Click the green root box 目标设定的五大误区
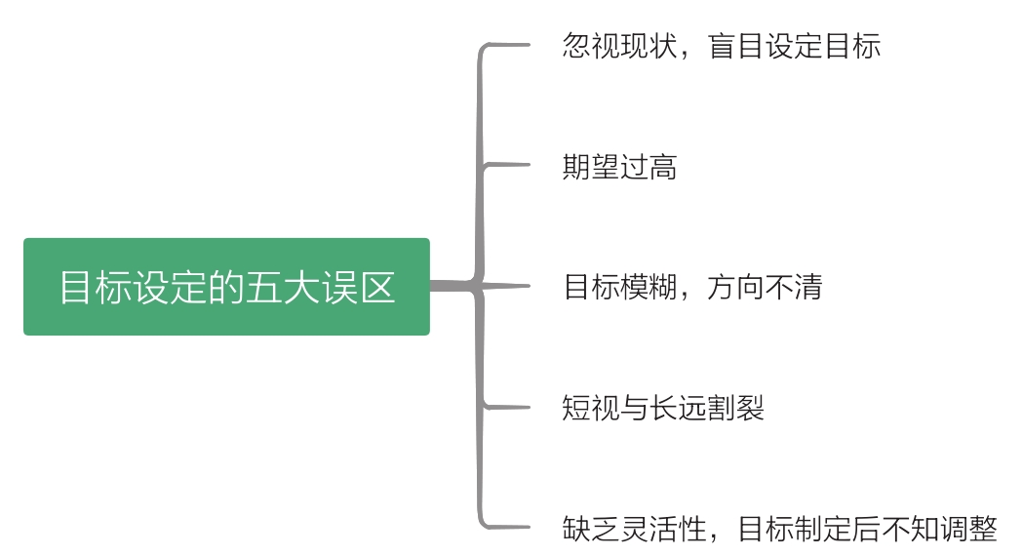(x=226, y=287)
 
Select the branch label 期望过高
(x=619, y=168)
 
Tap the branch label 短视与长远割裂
(x=663, y=408)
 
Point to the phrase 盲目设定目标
(x=794, y=47)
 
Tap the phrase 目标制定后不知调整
(x=868, y=529)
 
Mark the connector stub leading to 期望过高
(x=507, y=166)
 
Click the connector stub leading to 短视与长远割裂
(x=507, y=407)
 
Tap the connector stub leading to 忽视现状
(x=507, y=46)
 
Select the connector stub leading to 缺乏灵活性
(x=507, y=527)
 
